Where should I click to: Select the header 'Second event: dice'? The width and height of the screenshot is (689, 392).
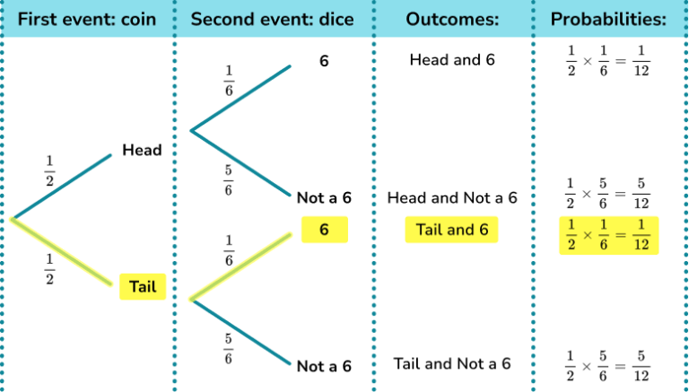tap(273, 19)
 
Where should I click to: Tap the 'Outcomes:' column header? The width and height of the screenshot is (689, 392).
tap(454, 19)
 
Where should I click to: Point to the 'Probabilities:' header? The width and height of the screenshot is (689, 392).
tap(607, 19)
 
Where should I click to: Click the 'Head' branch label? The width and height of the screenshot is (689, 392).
tap(142, 150)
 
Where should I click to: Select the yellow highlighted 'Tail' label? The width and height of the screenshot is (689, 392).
tap(143, 286)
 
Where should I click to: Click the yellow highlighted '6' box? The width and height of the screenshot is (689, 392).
tap(324, 231)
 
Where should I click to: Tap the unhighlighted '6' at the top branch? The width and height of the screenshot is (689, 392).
tap(324, 62)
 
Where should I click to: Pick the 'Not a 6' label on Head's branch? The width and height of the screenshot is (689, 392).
tap(324, 197)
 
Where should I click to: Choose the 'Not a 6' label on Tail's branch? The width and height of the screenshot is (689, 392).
tap(324, 366)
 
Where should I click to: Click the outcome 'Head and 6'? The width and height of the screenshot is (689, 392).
tap(452, 60)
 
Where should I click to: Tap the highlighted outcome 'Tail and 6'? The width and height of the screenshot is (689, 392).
tap(452, 230)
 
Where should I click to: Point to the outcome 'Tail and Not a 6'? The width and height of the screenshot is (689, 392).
tap(452, 363)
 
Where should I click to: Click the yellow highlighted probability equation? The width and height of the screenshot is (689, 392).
tap(608, 234)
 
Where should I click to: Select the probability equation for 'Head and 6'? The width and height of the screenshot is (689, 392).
tap(608, 65)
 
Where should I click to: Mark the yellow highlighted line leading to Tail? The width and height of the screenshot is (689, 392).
tap(63, 252)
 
